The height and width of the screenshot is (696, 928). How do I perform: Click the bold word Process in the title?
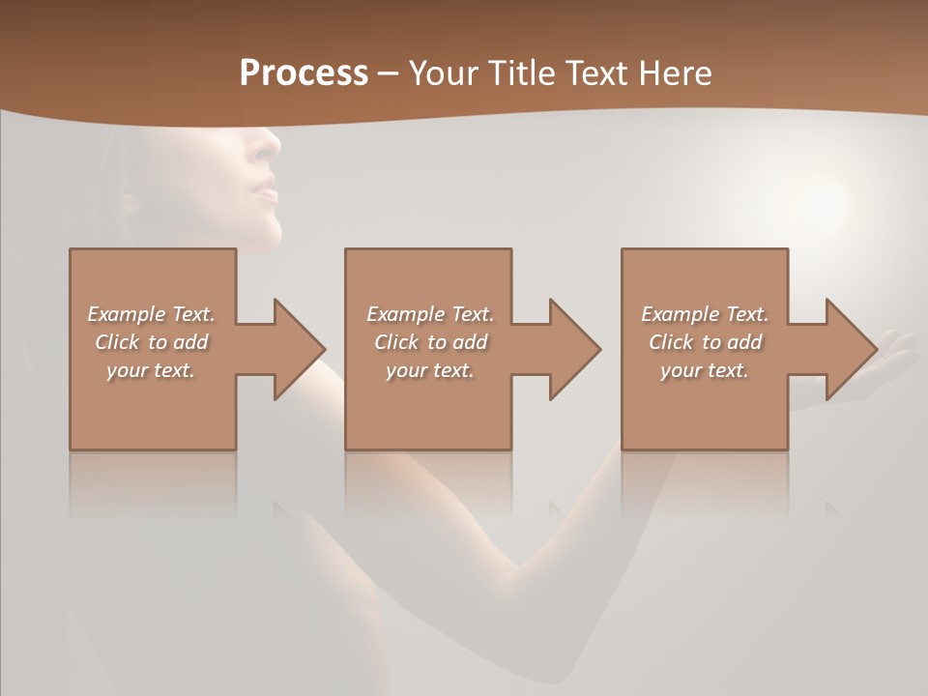point(304,73)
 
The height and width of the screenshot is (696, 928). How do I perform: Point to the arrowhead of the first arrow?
point(301,349)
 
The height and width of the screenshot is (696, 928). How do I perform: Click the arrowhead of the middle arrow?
point(576,349)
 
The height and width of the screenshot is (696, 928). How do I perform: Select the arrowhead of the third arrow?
point(852,349)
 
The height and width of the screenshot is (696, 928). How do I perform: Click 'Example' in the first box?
point(126,314)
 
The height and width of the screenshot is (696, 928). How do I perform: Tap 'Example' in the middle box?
point(405,314)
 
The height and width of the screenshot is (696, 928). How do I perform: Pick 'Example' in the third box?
point(680,314)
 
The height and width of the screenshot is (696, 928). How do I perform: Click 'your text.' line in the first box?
point(151,370)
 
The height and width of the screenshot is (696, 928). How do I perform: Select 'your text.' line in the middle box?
point(429,370)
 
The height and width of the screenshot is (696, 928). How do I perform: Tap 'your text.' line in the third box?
point(705,370)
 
